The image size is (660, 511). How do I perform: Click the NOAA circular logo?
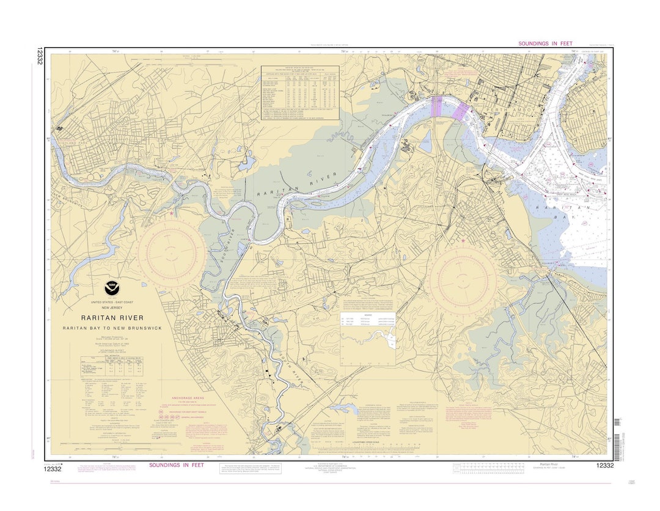[111, 287]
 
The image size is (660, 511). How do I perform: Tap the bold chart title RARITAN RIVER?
[112, 318]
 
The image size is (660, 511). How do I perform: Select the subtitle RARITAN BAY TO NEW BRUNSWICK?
[112, 328]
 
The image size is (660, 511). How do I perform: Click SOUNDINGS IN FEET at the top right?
[545, 43]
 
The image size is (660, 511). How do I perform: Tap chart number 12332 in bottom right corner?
[604, 466]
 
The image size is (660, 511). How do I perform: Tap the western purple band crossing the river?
[437, 108]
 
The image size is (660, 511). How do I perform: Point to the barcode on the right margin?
[617, 422]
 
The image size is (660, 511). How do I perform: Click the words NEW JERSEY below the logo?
[112, 307]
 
